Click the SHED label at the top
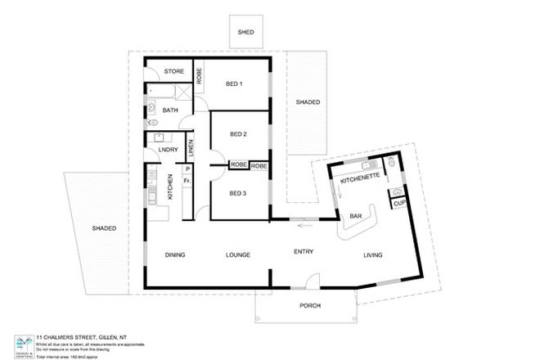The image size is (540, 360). pos(245,33)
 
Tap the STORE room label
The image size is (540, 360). pos(174,71)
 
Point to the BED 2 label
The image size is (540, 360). pos(238,134)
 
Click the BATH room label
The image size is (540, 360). pos(170,110)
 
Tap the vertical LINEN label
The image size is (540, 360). pos(191,149)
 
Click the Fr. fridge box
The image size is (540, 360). pos(187,180)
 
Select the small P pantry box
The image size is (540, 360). pos(187,169)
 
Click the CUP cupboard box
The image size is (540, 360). pos(399,202)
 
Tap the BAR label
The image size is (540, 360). pos(356,216)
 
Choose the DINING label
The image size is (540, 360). pos(175,254)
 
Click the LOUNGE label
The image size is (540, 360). pos(237,254)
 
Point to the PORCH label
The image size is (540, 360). pos(310,306)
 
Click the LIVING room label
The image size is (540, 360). pos(373,257)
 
